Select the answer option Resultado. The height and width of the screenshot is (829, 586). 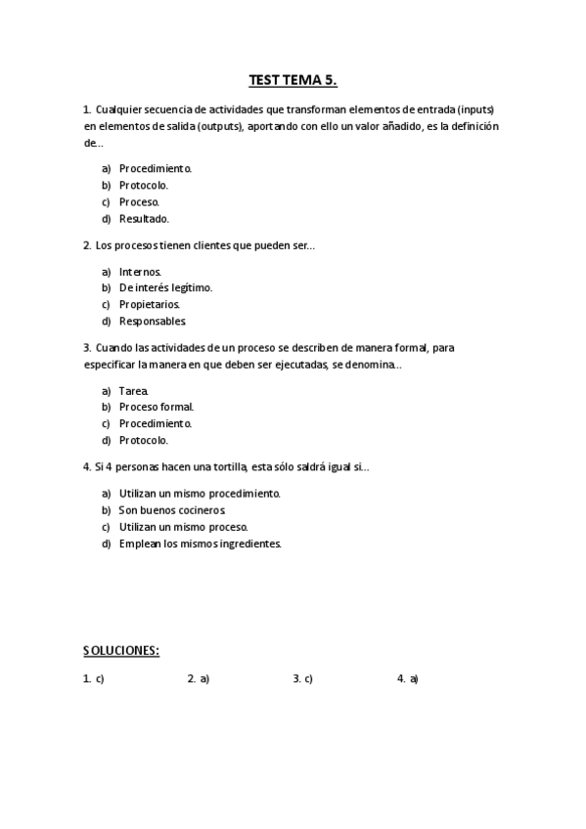(144, 219)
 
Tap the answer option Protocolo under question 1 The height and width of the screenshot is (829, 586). (144, 185)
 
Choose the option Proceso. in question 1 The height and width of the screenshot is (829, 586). (139, 202)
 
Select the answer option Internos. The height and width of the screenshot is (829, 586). (140, 271)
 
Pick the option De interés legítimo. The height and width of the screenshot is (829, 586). (165, 287)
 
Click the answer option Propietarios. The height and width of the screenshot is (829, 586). (149, 304)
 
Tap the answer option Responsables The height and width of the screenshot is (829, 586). (152, 322)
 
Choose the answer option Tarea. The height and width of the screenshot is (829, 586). (134, 390)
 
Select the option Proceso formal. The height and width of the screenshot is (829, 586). (157, 407)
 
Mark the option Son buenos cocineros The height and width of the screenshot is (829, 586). (171, 510)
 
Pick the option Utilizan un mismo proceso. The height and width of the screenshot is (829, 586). (176, 527)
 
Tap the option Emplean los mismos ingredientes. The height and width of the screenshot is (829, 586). (200, 544)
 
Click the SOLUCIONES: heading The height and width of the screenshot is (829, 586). (121, 650)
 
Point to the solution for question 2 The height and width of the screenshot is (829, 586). (199, 677)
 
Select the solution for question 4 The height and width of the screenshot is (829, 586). (408, 677)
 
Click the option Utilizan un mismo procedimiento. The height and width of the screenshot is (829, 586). (200, 493)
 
